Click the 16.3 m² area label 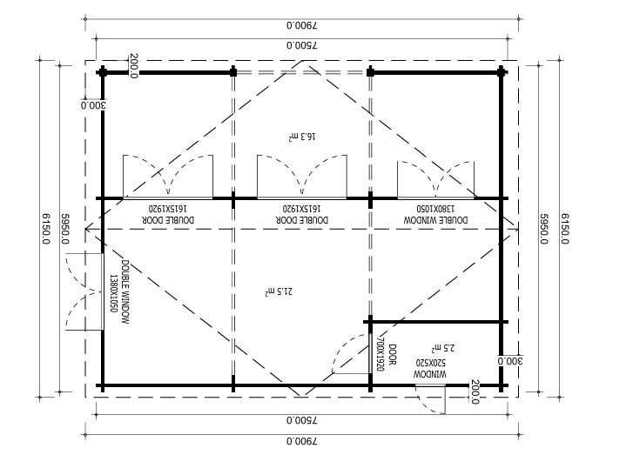coord(302,137)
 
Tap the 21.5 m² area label coord(279,291)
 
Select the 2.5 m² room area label coord(443,347)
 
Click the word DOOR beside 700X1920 coord(392,355)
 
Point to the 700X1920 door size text coord(380,354)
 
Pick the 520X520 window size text coord(431,362)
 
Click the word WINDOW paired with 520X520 coord(430,374)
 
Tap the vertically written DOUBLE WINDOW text coord(125,291)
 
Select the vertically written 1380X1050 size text coord(113,294)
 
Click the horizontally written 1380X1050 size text coord(435,209)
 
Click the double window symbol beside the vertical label coord(84,291)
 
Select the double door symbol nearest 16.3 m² coord(302,177)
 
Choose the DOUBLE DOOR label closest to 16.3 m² coord(302,219)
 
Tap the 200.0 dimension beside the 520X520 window coord(475,391)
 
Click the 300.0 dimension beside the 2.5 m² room coord(510,361)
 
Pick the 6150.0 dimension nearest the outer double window coord(45,229)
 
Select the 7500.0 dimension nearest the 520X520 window coord(302,420)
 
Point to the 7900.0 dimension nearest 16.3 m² coord(302,25)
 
